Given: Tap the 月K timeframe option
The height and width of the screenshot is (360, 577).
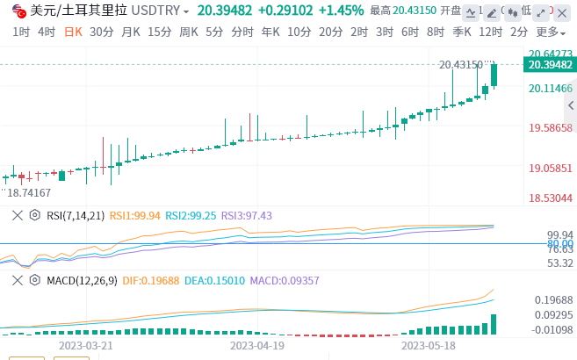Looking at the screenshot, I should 131,32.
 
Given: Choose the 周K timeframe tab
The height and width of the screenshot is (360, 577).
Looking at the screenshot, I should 188,32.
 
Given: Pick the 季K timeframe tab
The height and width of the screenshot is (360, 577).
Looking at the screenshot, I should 462,32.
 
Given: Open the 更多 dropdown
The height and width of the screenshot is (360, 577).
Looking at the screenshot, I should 550,32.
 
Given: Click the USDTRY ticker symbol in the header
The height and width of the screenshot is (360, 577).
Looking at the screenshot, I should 160,11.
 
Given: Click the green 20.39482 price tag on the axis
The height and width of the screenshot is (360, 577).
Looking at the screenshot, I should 549,64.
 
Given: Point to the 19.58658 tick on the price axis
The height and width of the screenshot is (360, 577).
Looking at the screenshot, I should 551,128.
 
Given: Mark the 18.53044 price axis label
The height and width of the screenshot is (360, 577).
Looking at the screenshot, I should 551,198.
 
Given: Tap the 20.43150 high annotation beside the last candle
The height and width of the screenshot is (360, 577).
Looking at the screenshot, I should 461,64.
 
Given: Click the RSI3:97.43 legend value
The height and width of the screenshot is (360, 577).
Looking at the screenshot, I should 247,215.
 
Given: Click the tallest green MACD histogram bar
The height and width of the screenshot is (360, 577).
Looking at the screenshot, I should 494,324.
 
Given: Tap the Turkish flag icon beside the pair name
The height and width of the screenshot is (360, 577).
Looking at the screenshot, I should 18,11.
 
